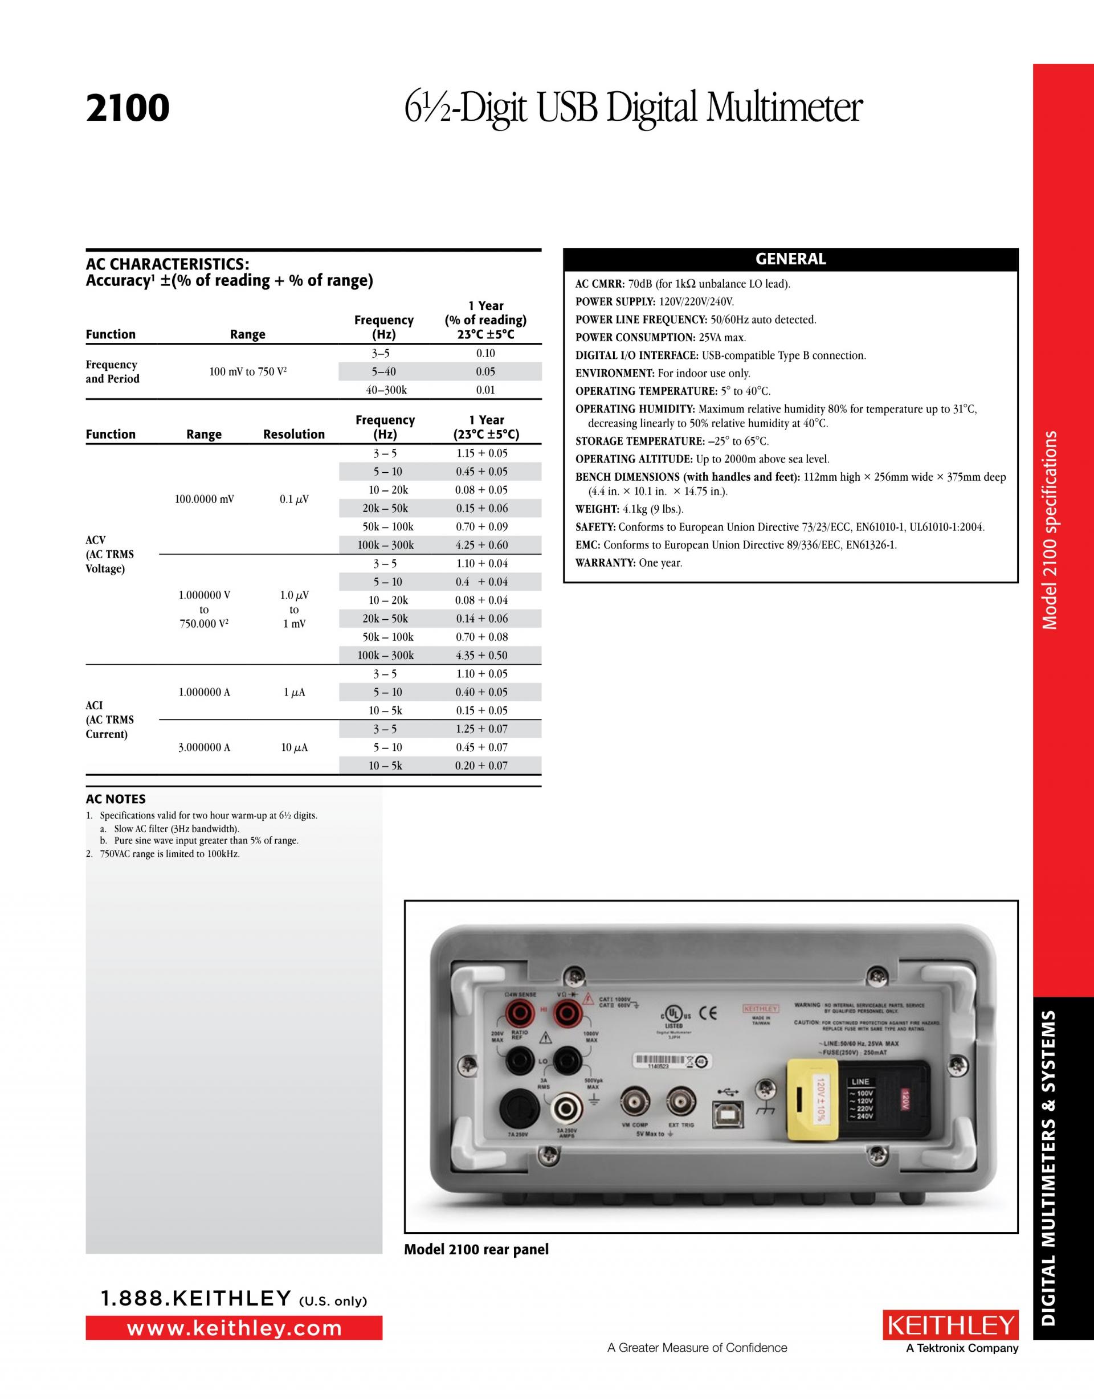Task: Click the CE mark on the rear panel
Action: pyautogui.click(x=708, y=1014)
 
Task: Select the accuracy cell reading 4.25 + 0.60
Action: pyautogui.click(x=481, y=545)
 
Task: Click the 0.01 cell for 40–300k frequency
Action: pyautogui.click(x=485, y=390)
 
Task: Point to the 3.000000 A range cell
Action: pyautogui.click(x=204, y=747)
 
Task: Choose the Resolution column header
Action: pyautogui.click(x=293, y=434)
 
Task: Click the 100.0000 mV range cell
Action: pyautogui.click(x=204, y=499)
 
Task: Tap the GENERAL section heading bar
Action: pyautogui.click(x=790, y=259)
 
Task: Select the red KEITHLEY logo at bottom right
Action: pyautogui.click(x=950, y=1326)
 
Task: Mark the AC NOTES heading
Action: pyautogui.click(x=115, y=799)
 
